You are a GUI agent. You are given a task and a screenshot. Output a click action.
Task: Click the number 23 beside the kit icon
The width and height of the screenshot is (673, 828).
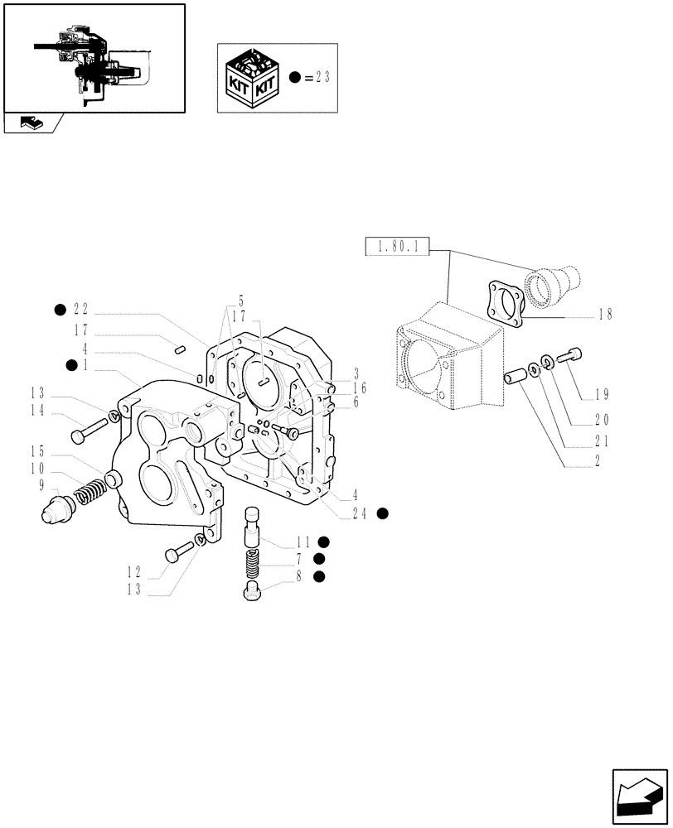(322, 78)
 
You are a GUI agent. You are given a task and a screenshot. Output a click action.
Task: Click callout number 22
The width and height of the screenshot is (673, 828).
(80, 310)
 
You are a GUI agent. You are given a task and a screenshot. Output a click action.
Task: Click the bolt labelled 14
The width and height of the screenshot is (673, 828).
(89, 429)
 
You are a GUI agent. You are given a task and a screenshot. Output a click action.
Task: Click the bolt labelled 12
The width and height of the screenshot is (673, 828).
(177, 551)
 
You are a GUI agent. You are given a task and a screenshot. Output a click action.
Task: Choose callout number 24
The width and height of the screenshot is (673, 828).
(362, 513)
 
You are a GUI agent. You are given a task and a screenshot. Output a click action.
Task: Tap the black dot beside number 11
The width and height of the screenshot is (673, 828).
(324, 542)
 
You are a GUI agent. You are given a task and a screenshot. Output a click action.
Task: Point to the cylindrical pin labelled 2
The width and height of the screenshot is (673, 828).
(515, 377)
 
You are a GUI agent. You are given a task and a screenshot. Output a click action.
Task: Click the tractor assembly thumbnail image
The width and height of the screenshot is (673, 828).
(94, 58)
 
